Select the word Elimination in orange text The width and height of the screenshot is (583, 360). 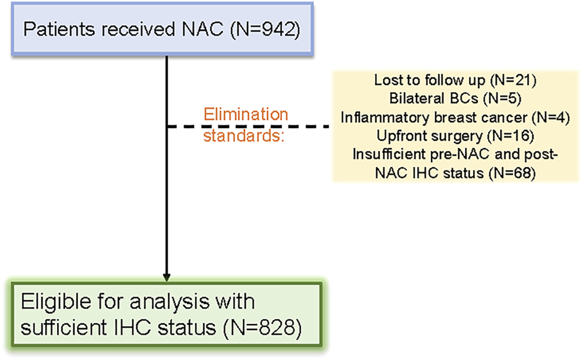coord(246,114)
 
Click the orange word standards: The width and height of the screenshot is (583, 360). coord(243,135)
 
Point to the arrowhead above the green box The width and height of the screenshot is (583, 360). coord(166,278)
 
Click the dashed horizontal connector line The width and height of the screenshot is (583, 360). coord(249,127)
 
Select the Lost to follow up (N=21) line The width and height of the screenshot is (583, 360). coord(455,80)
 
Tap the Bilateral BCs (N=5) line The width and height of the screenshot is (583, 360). coord(455,98)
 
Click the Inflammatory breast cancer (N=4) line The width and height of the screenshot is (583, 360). coord(455,118)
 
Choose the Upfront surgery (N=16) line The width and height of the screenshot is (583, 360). coord(455,136)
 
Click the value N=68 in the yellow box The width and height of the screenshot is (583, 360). coord(511,173)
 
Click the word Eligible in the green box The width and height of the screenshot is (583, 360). coord(56,301)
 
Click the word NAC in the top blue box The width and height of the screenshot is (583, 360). coord(203,29)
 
